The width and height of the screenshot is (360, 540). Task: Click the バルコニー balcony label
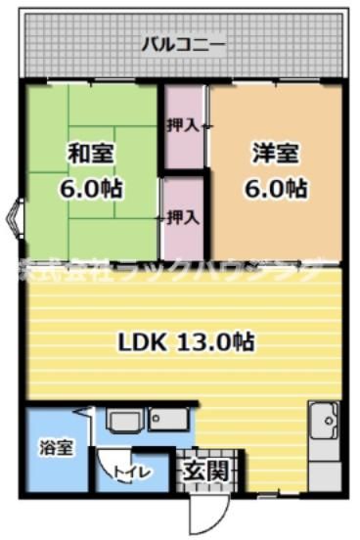tap(184, 44)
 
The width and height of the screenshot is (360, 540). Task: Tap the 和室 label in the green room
tap(91, 154)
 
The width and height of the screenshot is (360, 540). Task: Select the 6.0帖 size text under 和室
tap(91, 189)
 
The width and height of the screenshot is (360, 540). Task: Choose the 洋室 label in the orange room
tap(275, 154)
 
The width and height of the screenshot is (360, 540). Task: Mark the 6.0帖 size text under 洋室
tap(275, 189)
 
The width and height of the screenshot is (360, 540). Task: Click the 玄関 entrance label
tap(207, 471)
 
